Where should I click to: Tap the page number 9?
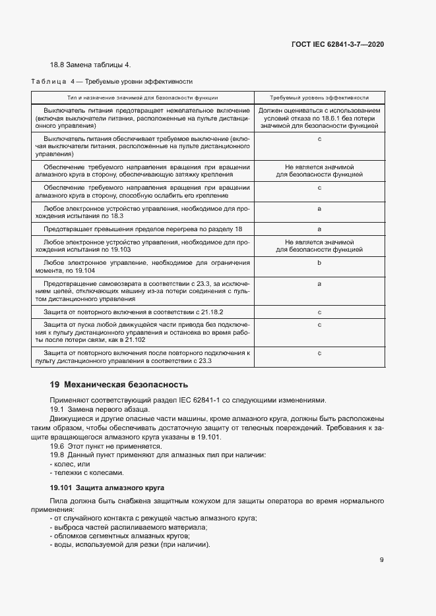[x=382, y=561]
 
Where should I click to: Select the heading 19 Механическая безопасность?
[x=119, y=384]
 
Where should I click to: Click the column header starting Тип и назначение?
[x=143, y=96]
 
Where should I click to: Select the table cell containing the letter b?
[x=319, y=263]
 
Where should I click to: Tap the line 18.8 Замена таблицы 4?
[x=90, y=65]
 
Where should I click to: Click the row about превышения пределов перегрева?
[x=143, y=229]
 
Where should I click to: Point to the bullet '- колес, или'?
[x=71, y=464]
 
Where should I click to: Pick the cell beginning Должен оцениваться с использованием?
[x=319, y=117]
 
